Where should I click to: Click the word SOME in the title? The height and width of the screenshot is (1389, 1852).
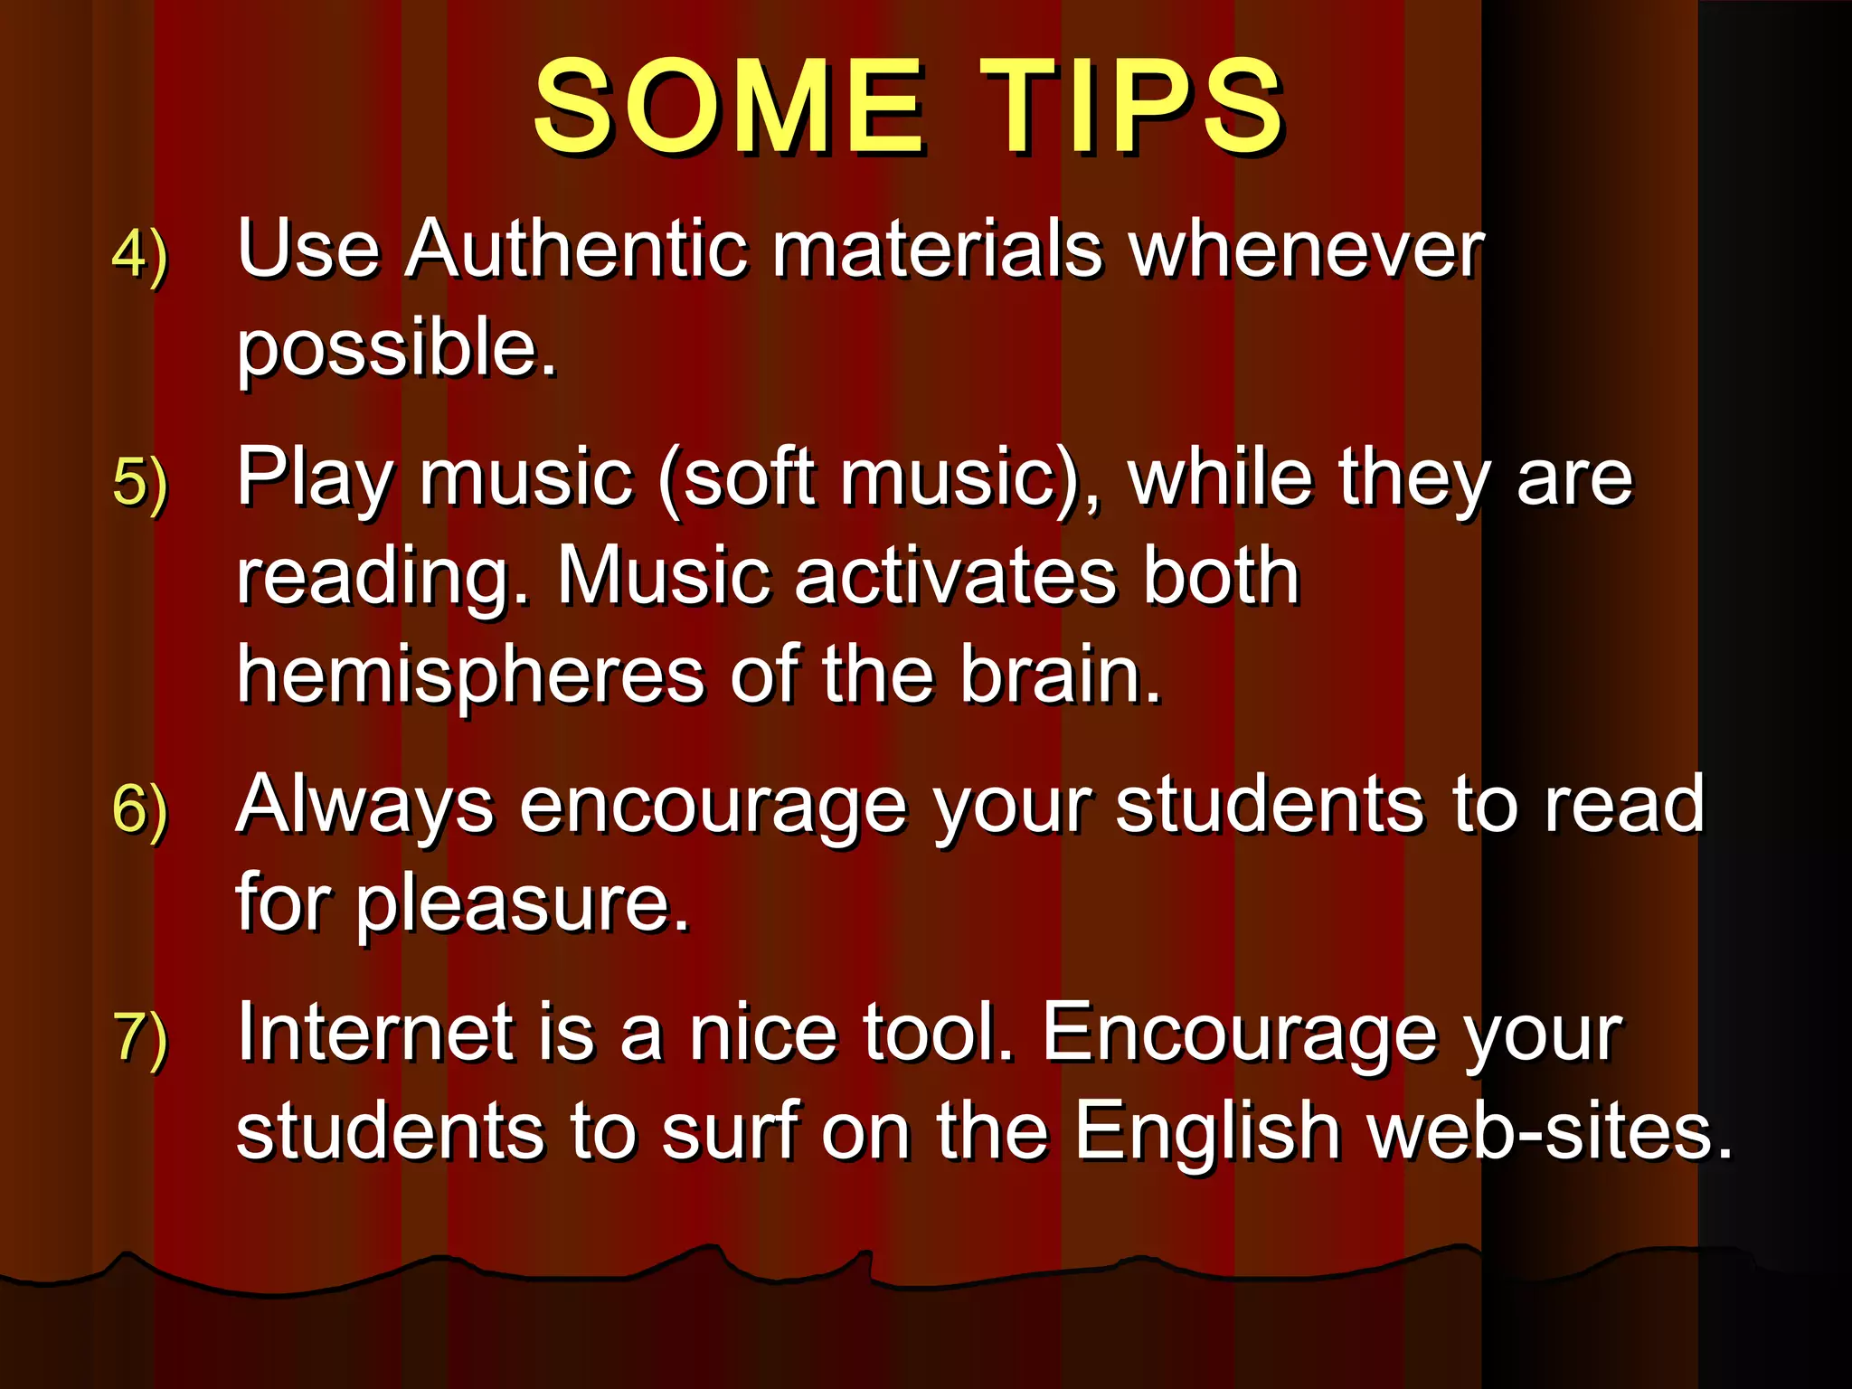[729, 107]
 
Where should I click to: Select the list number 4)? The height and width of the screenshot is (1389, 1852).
[140, 256]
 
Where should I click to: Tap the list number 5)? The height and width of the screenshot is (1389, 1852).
[140, 483]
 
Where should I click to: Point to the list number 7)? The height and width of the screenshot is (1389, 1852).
[140, 1037]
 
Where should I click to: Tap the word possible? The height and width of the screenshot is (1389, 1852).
[396, 348]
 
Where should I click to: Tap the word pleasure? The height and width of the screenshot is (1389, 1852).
[522, 904]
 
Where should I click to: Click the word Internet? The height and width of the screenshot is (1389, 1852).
[374, 1033]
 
